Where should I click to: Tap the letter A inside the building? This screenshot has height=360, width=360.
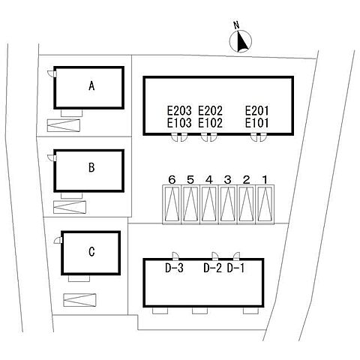click(91, 86)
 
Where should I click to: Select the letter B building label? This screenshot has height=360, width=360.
click(91, 167)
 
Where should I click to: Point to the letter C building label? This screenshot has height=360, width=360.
click(91, 251)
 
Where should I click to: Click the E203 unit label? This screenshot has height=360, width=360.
click(179, 110)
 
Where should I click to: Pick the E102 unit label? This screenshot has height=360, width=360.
click(211, 123)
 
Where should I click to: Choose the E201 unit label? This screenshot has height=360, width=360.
click(256, 110)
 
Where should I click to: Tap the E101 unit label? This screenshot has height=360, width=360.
click(256, 123)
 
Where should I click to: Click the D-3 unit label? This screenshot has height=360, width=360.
click(174, 268)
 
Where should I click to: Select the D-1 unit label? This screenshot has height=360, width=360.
click(235, 268)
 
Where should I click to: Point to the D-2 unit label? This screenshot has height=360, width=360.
click(212, 268)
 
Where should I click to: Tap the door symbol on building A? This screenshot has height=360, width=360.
click(52, 73)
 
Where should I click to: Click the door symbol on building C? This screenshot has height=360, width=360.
click(58, 240)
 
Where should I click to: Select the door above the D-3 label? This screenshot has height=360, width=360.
click(175, 256)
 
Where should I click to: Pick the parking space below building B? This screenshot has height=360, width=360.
click(70, 207)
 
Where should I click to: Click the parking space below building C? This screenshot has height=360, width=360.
click(79, 300)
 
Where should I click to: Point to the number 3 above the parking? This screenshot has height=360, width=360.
click(227, 180)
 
